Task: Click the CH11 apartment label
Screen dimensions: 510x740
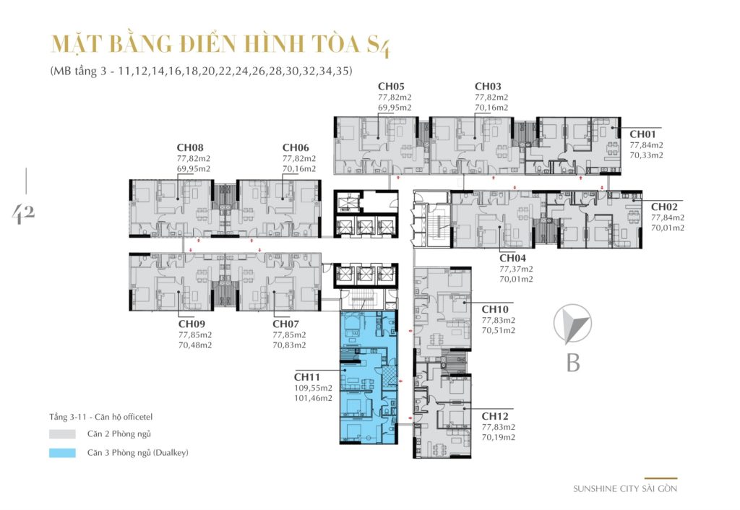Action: click(308, 376)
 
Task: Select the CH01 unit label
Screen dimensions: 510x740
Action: click(643, 134)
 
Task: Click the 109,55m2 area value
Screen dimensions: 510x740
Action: click(313, 387)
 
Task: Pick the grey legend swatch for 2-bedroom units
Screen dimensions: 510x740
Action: click(62, 434)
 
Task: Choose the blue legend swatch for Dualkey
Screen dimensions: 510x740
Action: click(62, 453)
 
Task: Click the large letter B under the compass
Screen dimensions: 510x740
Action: click(573, 362)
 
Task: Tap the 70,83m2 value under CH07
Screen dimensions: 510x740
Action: click(289, 345)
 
